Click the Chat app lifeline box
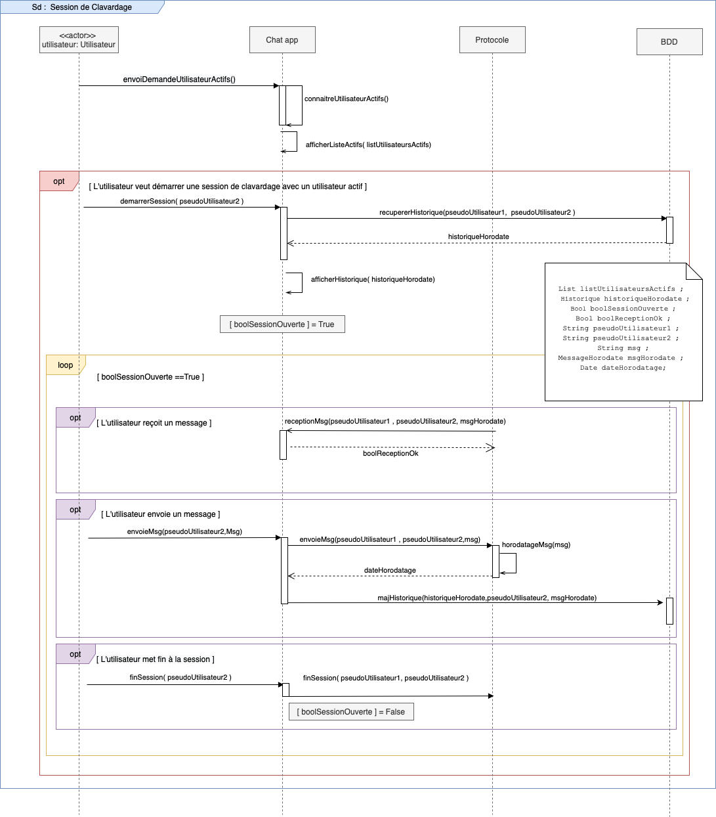(282, 40)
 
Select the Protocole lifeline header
(492, 40)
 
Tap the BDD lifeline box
(669, 41)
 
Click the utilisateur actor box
(79, 40)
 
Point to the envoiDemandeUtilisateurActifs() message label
(179, 79)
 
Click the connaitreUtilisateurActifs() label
(347, 99)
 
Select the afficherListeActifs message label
(368, 144)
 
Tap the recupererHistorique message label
(477, 212)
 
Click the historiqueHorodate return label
(478, 236)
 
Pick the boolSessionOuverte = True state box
(282, 324)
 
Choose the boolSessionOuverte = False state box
(351, 712)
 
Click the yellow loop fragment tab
(66, 365)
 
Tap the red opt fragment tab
(59, 181)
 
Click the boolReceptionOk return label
(390, 453)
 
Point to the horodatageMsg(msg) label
(536, 544)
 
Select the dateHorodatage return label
(390, 570)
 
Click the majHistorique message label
(487, 598)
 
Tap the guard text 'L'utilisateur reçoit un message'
(154, 423)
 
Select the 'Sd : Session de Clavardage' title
(82, 7)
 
